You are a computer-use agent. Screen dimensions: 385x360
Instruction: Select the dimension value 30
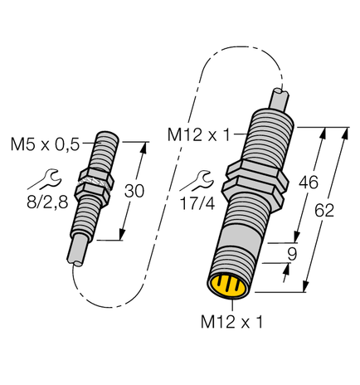(134, 191)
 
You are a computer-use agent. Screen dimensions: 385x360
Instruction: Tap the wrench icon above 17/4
(199, 177)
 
